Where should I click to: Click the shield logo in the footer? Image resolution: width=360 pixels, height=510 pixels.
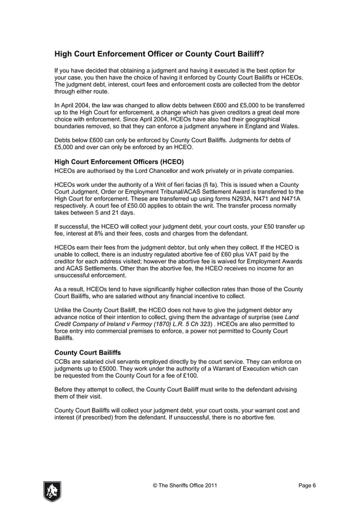coord(52,491)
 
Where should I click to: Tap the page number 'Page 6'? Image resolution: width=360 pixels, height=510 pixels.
coord(307,486)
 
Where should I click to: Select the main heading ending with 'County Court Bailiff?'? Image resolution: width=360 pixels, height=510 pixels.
coord(159,55)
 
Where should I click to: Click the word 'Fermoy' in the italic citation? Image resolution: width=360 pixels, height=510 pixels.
coord(144,325)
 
